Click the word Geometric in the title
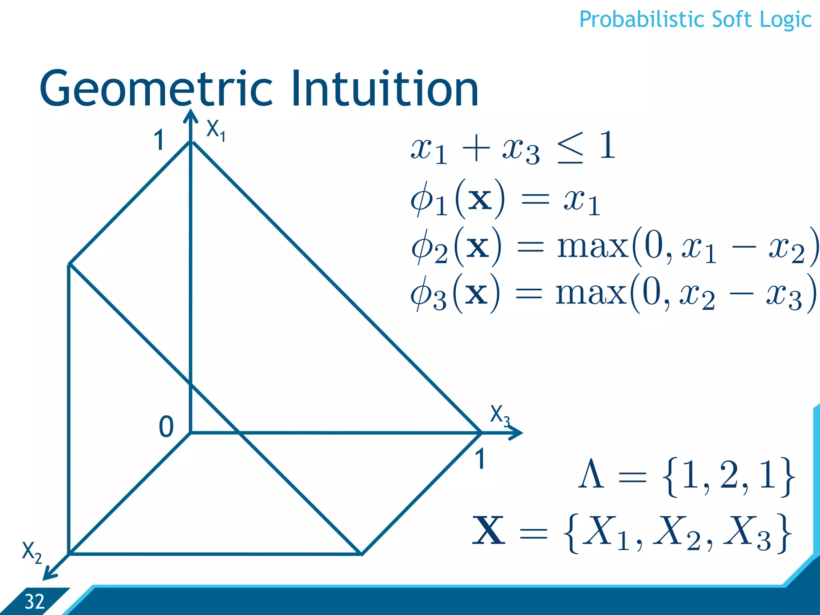click(156, 89)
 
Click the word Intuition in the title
click(384, 89)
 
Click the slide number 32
click(34, 602)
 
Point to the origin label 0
click(166, 426)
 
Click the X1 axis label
click(215, 131)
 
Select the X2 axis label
click(32, 552)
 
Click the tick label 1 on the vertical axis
click(159, 141)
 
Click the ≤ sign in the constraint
click(570, 148)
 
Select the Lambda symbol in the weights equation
click(591, 475)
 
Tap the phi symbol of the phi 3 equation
click(422, 294)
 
